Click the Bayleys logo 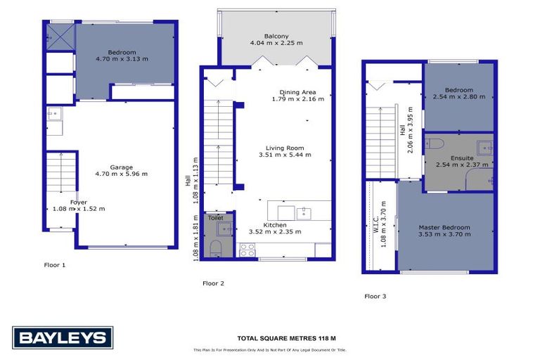pyautogui.click(x=62, y=338)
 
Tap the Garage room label pyautogui.click(x=121, y=167)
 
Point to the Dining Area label pyautogui.click(x=297, y=92)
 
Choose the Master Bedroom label pyautogui.click(x=444, y=227)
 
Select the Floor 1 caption pyautogui.click(x=54, y=265)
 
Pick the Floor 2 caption pyautogui.click(x=213, y=283)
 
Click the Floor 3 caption pyautogui.click(x=375, y=296)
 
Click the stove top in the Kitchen pyautogui.click(x=247, y=250)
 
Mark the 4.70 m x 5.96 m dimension pyautogui.click(x=121, y=174)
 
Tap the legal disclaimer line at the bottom pyautogui.click(x=270, y=350)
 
